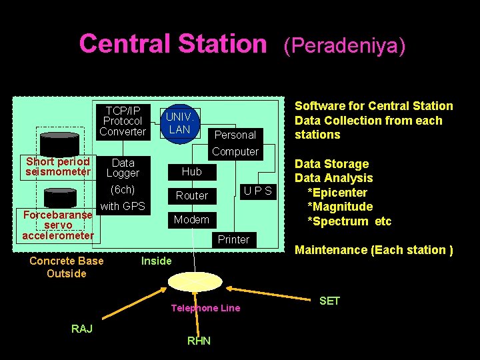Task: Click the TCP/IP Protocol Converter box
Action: (123, 121)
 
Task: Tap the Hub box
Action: (191, 171)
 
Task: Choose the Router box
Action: (191, 195)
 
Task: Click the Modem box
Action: (191, 219)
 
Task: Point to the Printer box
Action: (233, 239)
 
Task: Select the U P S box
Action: (257, 191)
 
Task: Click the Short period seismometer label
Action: (58, 167)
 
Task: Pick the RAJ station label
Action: (81, 328)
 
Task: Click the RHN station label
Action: (199, 341)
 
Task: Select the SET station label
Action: (329, 301)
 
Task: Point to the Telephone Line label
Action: (205, 308)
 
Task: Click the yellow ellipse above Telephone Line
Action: (192, 282)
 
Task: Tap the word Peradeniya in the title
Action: (344, 45)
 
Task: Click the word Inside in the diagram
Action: (156, 261)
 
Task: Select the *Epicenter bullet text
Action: (337, 192)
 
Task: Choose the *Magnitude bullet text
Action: (339, 207)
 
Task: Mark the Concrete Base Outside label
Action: (66, 267)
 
